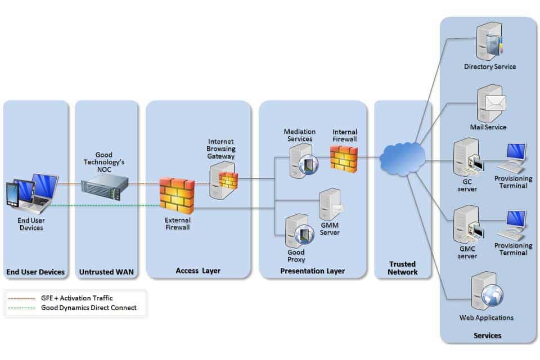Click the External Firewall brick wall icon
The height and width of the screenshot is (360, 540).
click(177, 196)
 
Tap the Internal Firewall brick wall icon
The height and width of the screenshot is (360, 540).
click(344, 159)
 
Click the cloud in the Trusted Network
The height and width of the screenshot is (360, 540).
click(403, 159)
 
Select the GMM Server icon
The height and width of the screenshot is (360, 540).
click(331, 205)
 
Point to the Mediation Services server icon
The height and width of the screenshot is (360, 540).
click(303, 161)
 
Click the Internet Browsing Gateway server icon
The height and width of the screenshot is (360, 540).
click(223, 181)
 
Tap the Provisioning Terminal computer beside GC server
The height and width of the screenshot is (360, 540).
click(512, 158)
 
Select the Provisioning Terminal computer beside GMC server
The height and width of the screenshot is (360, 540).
click(512, 226)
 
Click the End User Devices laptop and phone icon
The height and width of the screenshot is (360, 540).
click(31, 193)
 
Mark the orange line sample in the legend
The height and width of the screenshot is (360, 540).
click(22, 298)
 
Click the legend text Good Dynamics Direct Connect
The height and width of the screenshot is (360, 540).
click(88, 308)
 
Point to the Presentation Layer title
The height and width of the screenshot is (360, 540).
click(312, 271)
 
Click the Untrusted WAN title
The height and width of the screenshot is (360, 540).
click(106, 272)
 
